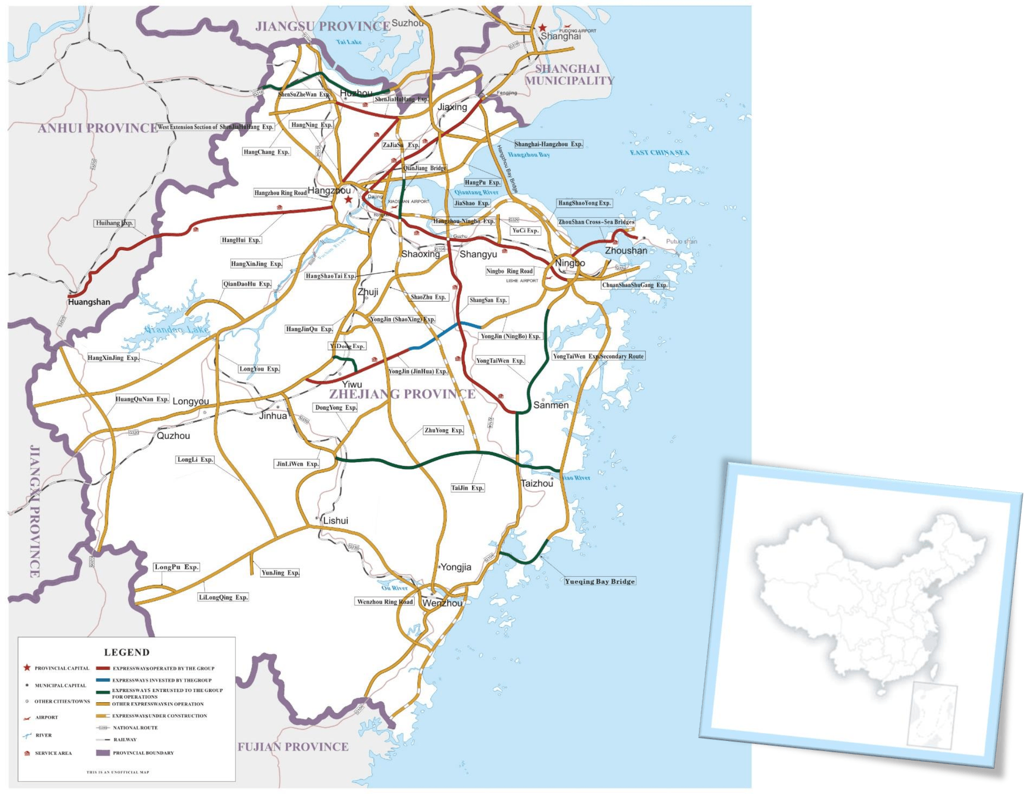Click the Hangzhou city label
point(329,191)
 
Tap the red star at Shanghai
point(543,28)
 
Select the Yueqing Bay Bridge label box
point(599,581)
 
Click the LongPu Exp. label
point(176,567)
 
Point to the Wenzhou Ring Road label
point(385,602)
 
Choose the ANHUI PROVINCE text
point(97,128)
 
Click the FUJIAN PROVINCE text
point(292,746)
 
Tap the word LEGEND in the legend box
point(126,652)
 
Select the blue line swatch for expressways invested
point(103,680)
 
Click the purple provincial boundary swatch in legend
point(103,753)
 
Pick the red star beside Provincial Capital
point(27,668)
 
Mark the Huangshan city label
point(89,302)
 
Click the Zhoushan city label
point(626,250)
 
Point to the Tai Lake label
point(349,42)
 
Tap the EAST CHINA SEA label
point(659,152)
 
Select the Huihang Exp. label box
point(115,223)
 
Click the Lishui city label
point(335,520)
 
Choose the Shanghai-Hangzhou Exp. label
point(549,144)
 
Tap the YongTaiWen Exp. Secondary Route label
point(598,356)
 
